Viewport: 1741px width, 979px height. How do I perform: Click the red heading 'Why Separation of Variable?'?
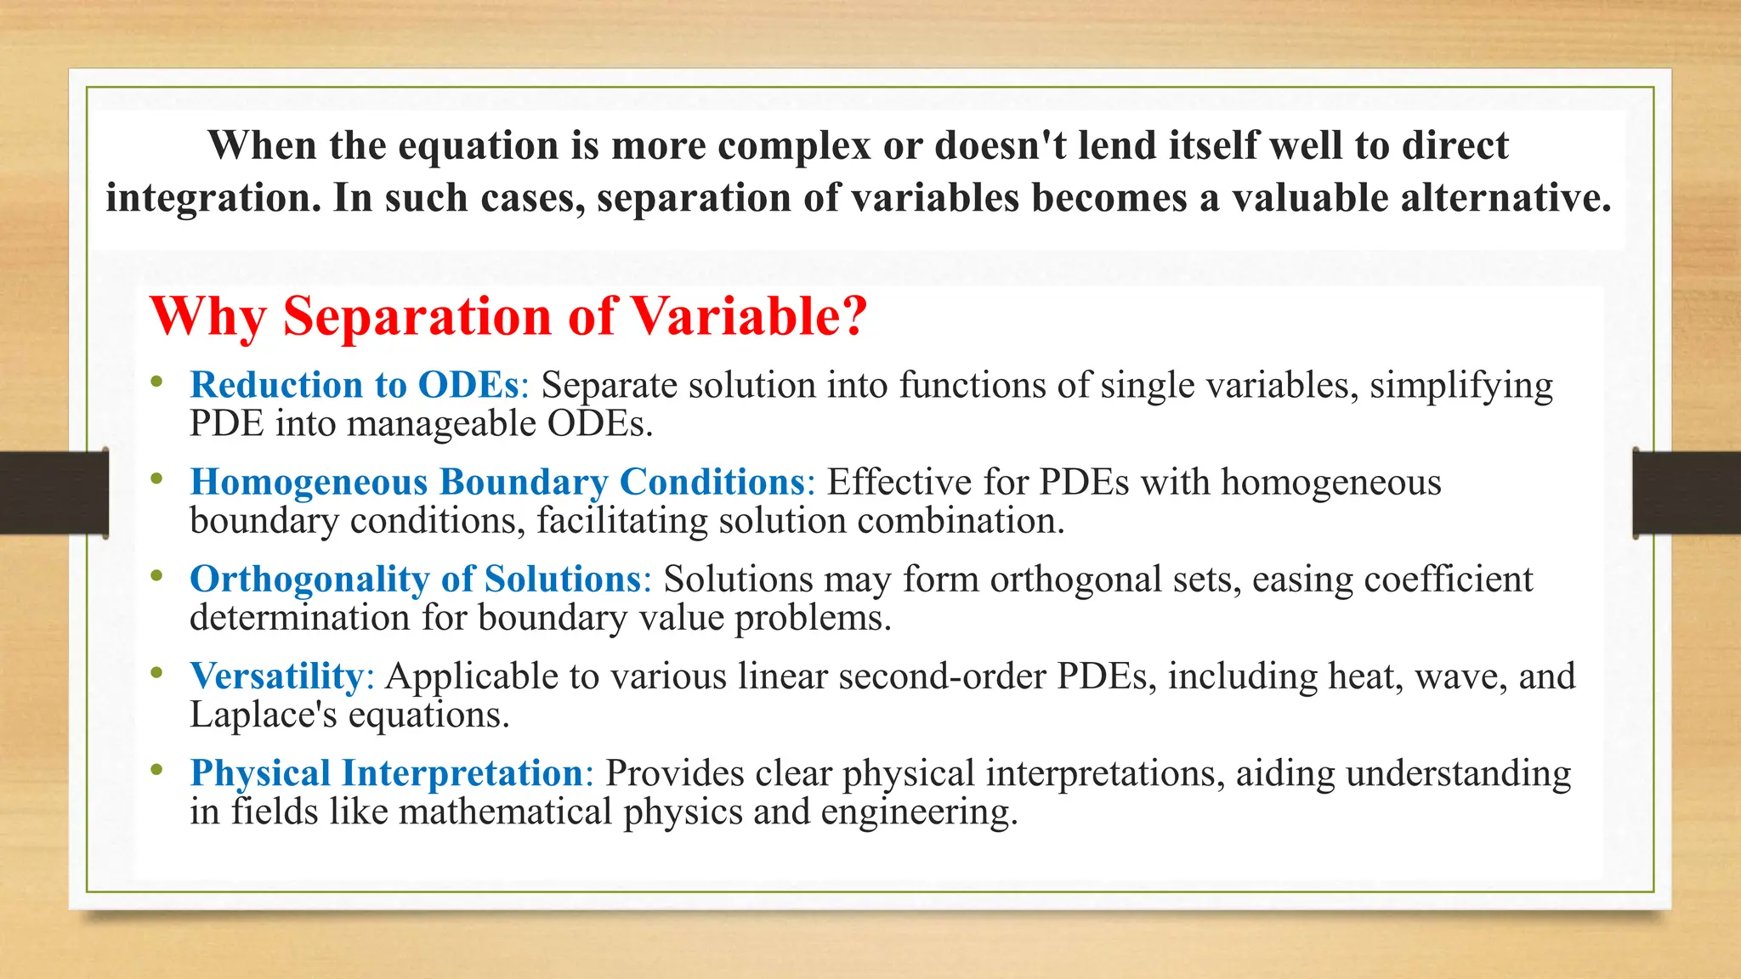pyautogui.click(x=508, y=317)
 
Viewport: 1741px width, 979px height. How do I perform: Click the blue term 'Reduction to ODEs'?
pyautogui.click(x=354, y=385)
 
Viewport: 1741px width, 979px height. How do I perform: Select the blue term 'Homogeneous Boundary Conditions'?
pyautogui.click(x=497, y=482)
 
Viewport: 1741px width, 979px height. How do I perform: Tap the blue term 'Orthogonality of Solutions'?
pyautogui.click(x=415, y=579)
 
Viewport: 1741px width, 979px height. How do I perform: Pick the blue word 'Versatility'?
pyautogui.click(x=277, y=676)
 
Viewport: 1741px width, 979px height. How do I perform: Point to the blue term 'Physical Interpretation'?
pyautogui.click(x=387, y=773)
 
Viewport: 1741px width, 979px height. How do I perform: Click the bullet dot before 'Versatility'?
pyautogui.click(x=156, y=674)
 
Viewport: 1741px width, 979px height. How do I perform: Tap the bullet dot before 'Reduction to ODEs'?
pyautogui.click(x=156, y=382)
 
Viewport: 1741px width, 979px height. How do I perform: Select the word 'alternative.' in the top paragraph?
pyautogui.click(x=1506, y=198)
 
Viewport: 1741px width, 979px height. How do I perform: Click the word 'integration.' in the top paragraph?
pyautogui.click(x=213, y=198)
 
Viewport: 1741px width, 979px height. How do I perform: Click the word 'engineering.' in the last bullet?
pyautogui.click(x=919, y=812)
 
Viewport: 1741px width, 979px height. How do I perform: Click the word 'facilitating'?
pyautogui.click(x=622, y=521)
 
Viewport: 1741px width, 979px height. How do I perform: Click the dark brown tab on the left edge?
pyautogui.click(x=54, y=493)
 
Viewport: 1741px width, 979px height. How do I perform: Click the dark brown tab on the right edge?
pyautogui.click(x=1687, y=493)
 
